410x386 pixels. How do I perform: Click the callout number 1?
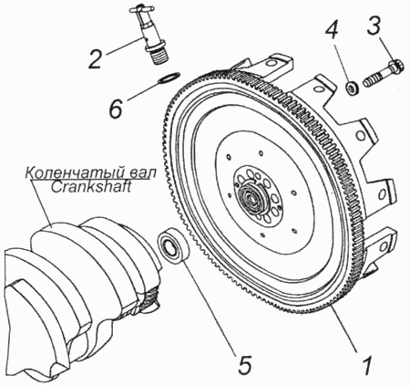tap(368, 365)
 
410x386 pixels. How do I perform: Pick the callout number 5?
tap(246, 365)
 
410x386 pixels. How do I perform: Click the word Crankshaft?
tap(90, 186)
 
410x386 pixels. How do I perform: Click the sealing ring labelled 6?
tap(169, 78)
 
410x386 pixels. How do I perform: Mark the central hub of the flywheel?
tap(251, 197)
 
